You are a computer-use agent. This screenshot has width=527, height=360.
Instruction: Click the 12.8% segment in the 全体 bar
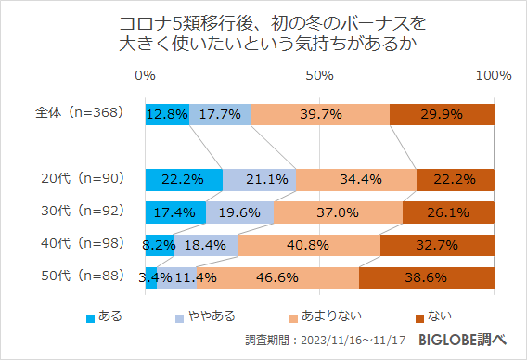pyautogui.click(x=167, y=114)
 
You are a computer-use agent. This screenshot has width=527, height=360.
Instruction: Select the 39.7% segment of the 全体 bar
pyautogui.click(x=320, y=114)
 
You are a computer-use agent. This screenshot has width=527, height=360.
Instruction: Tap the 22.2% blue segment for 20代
pyautogui.click(x=184, y=179)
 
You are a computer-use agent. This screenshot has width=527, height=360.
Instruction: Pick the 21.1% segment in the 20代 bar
pyautogui.click(x=259, y=179)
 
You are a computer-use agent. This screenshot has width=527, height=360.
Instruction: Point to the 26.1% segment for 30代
pyautogui.click(x=448, y=212)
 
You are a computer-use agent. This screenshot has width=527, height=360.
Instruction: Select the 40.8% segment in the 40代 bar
pyautogui.click(x=309, y=245)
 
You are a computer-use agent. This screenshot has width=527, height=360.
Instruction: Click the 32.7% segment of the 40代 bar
pyautogui.click(x=437, y=245)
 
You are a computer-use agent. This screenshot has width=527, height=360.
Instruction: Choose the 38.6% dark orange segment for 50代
pyautogui.click(x=426, y=277)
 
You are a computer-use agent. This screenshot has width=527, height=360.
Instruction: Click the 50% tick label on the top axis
pyautogui.click(x=319, y=75)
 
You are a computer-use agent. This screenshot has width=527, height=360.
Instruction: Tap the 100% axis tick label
pyautogui.click(x=493, y=75)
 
